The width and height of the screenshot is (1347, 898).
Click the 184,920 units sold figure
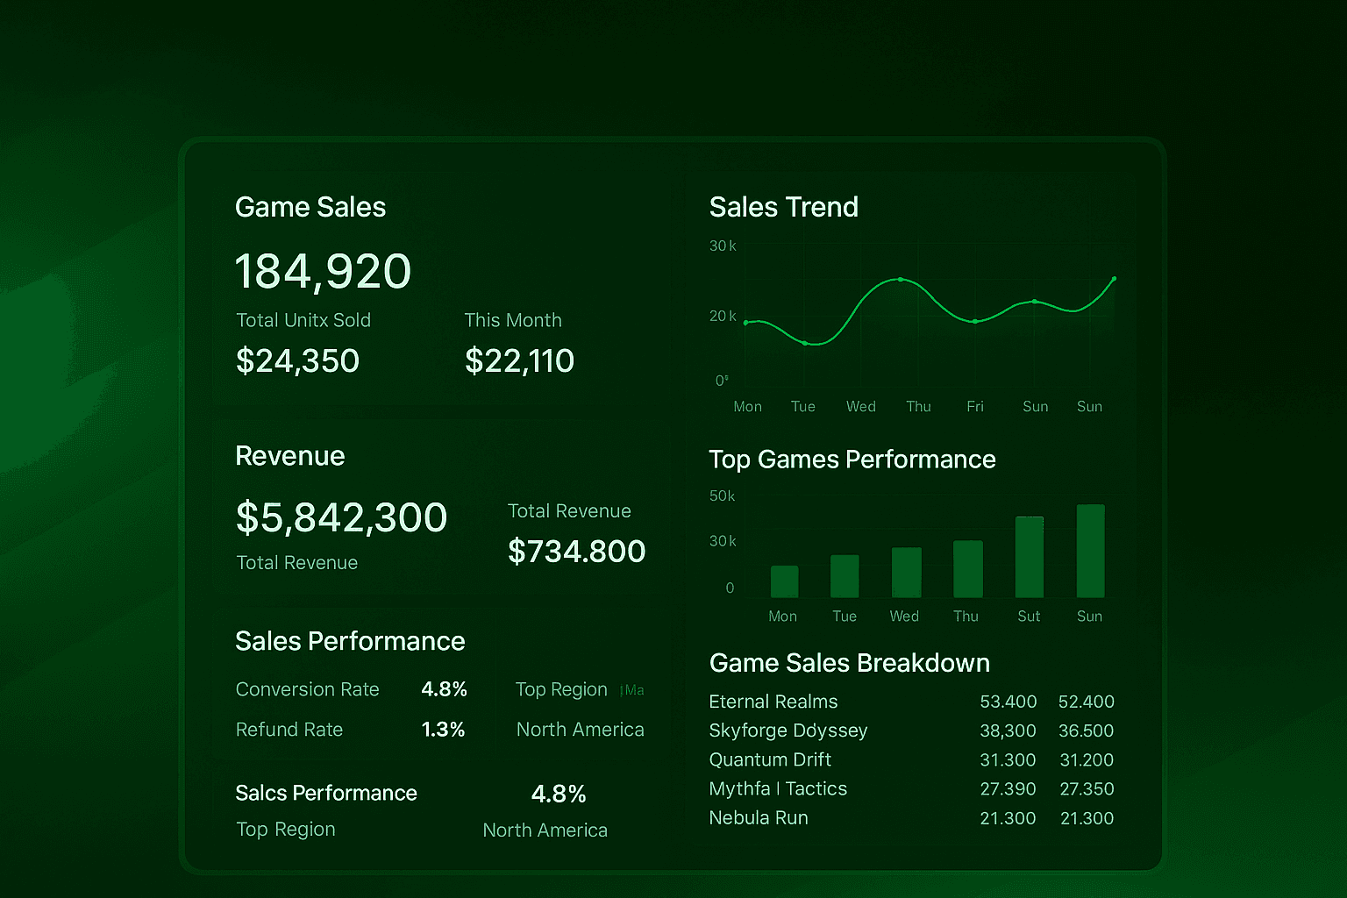pos(323,271)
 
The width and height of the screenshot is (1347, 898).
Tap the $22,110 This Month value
pos(519,360)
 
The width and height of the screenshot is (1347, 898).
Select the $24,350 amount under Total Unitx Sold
pos(297,360)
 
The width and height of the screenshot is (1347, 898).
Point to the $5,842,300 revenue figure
pos(341,517)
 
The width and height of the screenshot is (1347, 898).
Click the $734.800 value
pos(576,552)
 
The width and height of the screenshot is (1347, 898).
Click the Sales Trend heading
pos(783,207)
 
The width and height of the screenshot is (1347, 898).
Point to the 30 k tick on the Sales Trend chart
pos(723,246)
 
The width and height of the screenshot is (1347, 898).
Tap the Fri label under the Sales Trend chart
pos(975,406)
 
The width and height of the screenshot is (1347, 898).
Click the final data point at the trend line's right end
pos(1114,279)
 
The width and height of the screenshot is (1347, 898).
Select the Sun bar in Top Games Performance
pos(1090,551)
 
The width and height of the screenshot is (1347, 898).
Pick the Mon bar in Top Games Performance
pos(784,581)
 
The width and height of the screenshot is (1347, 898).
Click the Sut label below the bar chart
pos(1029,616)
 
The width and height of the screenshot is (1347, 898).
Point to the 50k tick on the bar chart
pos(722,496)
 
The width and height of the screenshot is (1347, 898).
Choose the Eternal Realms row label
pos(773,702)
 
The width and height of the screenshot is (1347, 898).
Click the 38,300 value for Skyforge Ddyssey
pos(1008,731)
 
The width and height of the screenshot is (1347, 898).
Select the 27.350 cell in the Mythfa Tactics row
pos(1087,788)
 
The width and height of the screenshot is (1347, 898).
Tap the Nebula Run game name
pos(759,817)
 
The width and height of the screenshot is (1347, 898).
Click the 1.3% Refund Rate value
pos(443,730)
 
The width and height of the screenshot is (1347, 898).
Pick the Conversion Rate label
pos(307,689)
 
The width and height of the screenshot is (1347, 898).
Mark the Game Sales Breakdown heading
pos(849,663)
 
